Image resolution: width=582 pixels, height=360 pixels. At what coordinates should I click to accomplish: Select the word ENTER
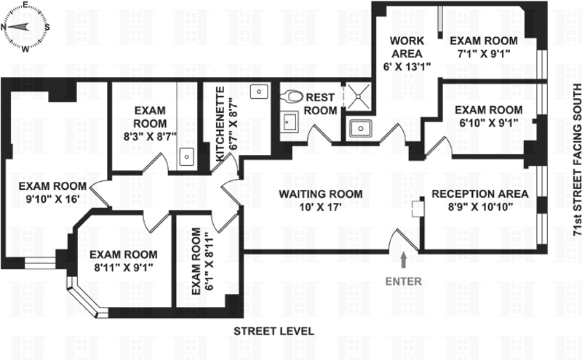403,280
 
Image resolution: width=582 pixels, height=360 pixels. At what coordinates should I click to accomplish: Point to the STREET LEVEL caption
274,331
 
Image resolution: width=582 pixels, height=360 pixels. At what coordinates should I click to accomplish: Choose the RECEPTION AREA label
480,194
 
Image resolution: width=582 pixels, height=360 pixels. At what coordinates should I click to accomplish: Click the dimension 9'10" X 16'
54,199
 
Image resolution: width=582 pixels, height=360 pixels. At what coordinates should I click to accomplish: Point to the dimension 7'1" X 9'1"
483,54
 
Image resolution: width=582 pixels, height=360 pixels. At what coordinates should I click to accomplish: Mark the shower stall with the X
356,96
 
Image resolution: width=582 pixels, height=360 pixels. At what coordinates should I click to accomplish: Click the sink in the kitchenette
257,92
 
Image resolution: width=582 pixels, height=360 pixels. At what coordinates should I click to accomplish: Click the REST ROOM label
321,104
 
